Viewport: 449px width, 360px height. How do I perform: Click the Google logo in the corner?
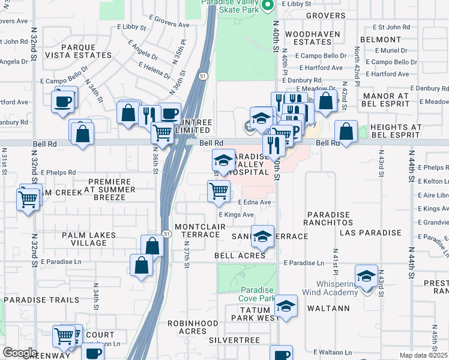pyautogui.click(x=20, y=353)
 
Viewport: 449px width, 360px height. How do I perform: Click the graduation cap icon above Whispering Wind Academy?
pyautogui.click(x=366, y=277)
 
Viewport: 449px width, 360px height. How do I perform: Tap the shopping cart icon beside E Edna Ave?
pyautogui.click(x=219, y=191)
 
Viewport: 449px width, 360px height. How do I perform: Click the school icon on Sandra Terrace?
pyautogui.click(x=262, y=237)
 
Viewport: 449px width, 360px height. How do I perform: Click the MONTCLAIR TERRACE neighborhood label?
pyautogui.click(x=196, y=230)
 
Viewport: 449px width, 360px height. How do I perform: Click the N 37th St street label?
pyautogui.click(x=187, y=256)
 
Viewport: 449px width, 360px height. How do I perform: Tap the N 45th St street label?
pyautogui.click(x=435, y=342)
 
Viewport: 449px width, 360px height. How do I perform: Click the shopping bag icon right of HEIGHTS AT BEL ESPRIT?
pyautogui.click(x=346, y=132)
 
